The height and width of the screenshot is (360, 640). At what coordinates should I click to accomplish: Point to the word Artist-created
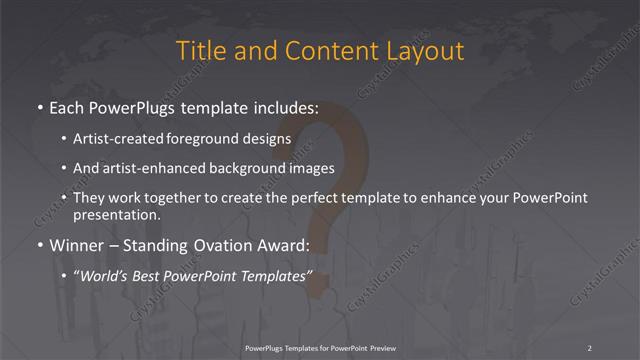pyautogui.click(x=118, y=138)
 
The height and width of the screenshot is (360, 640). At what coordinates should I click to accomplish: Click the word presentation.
pyautogui.click(x=116, y=214)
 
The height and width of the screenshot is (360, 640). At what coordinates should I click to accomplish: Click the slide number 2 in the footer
pyautogui.click(x=590, y=347)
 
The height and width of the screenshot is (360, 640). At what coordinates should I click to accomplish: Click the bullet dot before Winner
pyautogui.click(x=40, y=245)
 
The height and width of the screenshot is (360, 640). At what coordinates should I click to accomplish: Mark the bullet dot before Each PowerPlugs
pyautogui.click(x=40, y=106)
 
